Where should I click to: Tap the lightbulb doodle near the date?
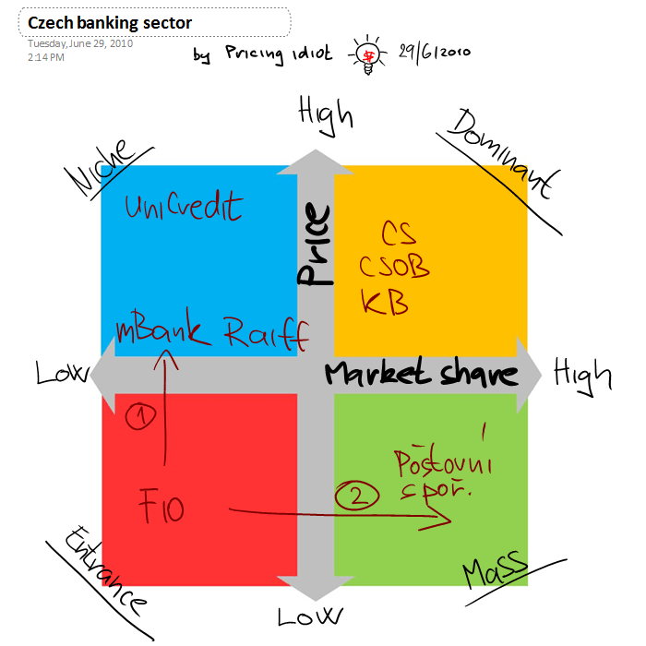(367, 53)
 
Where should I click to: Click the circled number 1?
(140, 418)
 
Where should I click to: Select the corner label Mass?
(494, 568)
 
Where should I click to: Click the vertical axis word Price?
(315, 245)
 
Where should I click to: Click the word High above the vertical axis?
(326, 114)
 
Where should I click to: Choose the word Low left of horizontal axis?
(60, 373)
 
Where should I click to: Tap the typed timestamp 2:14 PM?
(46, 57)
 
